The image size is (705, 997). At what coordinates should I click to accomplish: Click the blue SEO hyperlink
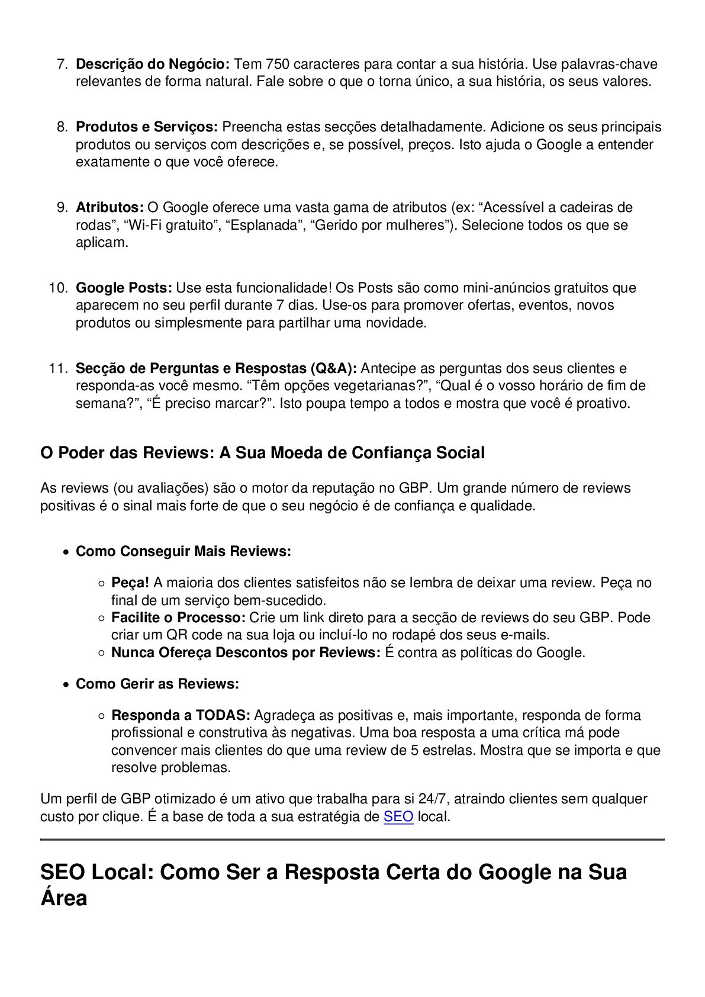398,817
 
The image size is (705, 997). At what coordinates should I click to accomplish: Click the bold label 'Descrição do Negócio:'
153,64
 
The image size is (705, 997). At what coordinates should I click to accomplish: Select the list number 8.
62,127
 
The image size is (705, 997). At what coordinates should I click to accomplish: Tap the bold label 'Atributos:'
110,207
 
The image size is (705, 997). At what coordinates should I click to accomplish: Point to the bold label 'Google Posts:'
124,288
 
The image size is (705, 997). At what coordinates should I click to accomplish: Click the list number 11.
59,368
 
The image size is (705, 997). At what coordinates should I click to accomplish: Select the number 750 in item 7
278,64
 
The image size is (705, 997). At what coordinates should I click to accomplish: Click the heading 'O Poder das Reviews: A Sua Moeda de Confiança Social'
262,453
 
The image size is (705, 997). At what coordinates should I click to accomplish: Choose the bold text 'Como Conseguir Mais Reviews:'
184,551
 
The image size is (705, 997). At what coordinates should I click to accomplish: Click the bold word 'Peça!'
130,583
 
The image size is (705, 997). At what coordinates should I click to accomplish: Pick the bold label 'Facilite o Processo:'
178,618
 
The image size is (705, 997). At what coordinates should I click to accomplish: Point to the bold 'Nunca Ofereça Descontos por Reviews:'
246,652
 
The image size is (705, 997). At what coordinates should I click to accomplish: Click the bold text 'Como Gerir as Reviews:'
157,684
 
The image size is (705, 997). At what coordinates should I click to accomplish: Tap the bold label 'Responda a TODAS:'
181,715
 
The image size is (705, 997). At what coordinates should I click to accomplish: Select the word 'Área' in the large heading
64,898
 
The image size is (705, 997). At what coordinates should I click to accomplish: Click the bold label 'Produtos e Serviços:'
147,127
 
